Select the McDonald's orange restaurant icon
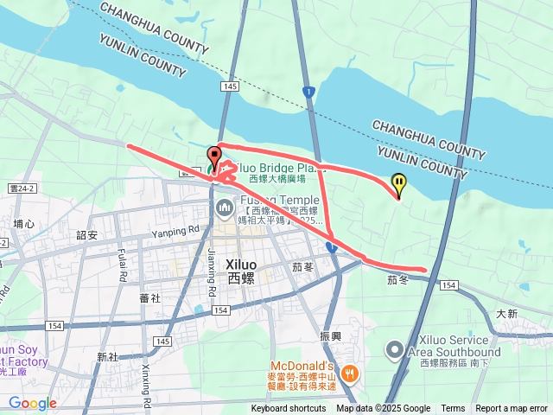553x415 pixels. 349,373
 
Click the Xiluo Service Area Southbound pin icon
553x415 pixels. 395,351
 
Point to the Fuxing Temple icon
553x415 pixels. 224,207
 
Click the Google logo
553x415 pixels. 32,403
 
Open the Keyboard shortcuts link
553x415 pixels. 289,409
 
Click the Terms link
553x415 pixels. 453,409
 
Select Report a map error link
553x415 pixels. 512,409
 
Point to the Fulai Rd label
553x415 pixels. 123,265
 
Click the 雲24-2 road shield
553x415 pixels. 22,188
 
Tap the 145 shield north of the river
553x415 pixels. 229,87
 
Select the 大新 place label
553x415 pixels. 507,313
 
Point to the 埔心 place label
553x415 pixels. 24,224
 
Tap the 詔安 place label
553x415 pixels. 87,235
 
